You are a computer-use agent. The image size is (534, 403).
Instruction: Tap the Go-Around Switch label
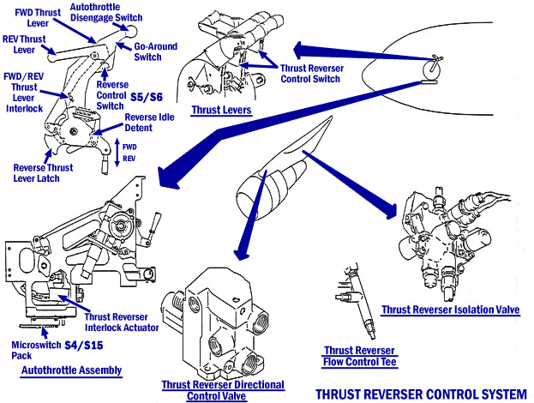[x=154, y=51]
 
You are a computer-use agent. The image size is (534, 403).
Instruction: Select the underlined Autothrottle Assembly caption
[x=71, y=371]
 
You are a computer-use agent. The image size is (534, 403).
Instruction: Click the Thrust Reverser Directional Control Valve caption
[x=222, y=391]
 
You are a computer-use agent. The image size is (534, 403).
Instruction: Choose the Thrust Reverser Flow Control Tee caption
[x=359, y=356]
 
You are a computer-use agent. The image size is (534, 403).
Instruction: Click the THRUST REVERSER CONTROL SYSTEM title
[x=421, y=395]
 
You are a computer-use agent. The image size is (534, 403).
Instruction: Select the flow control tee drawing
[x=357, y=301]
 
